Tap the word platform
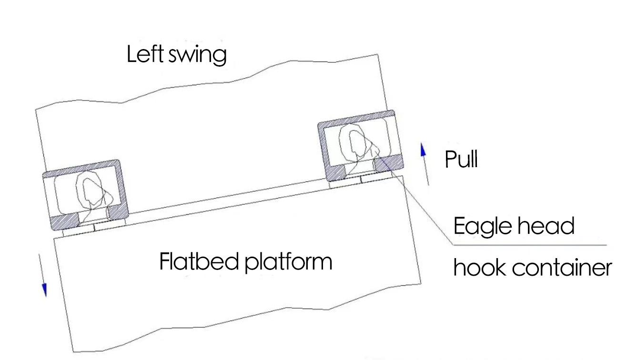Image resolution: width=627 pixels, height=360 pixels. pyautogui.click(x=288, y=262)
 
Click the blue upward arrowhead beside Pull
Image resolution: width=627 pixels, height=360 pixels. pyautogui.click(x=422, y=150)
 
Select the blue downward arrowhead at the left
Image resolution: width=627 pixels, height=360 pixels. pyautogui.click(x=44, y=290)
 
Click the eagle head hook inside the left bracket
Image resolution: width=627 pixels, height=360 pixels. pyautogui.click(x=90, y=192)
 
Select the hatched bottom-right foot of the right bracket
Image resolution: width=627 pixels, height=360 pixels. pyautogui.click(x=388, y=163)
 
